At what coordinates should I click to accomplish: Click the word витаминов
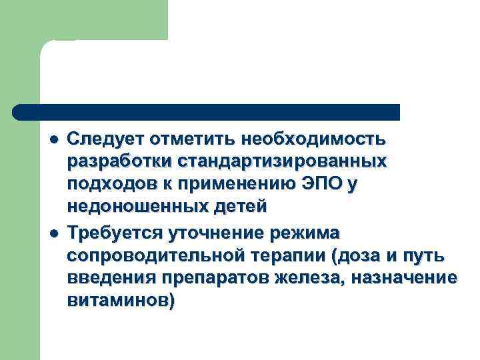(119, 301)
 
